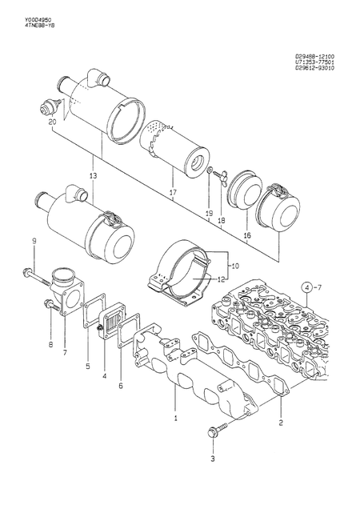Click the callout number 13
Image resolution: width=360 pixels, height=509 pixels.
[x=93, y=175]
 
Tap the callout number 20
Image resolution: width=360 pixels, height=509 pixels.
[x=52, y=122]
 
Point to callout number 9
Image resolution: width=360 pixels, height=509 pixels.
[x=34, y=242]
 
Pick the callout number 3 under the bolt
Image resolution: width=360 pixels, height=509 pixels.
[x=213, y=459]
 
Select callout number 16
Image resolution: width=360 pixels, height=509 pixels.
[x=247, y=235]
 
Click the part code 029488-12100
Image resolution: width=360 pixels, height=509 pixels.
[x=316, y=55]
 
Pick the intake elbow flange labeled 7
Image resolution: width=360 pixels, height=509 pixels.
[x=70, y=294]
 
